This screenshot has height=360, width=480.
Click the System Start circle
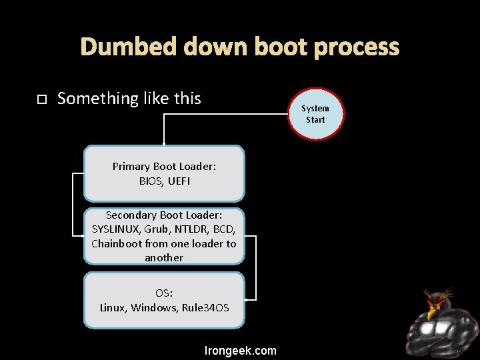point(315,114)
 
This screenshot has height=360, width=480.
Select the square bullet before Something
point(41,99)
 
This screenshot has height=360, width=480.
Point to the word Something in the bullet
point(97,99)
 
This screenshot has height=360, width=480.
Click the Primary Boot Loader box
point(164,173)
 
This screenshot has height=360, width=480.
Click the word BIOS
point(151,181)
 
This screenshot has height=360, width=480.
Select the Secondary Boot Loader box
point(164,236)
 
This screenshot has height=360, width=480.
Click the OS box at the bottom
point(164,300)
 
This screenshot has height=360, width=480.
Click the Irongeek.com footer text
point(240,351)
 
